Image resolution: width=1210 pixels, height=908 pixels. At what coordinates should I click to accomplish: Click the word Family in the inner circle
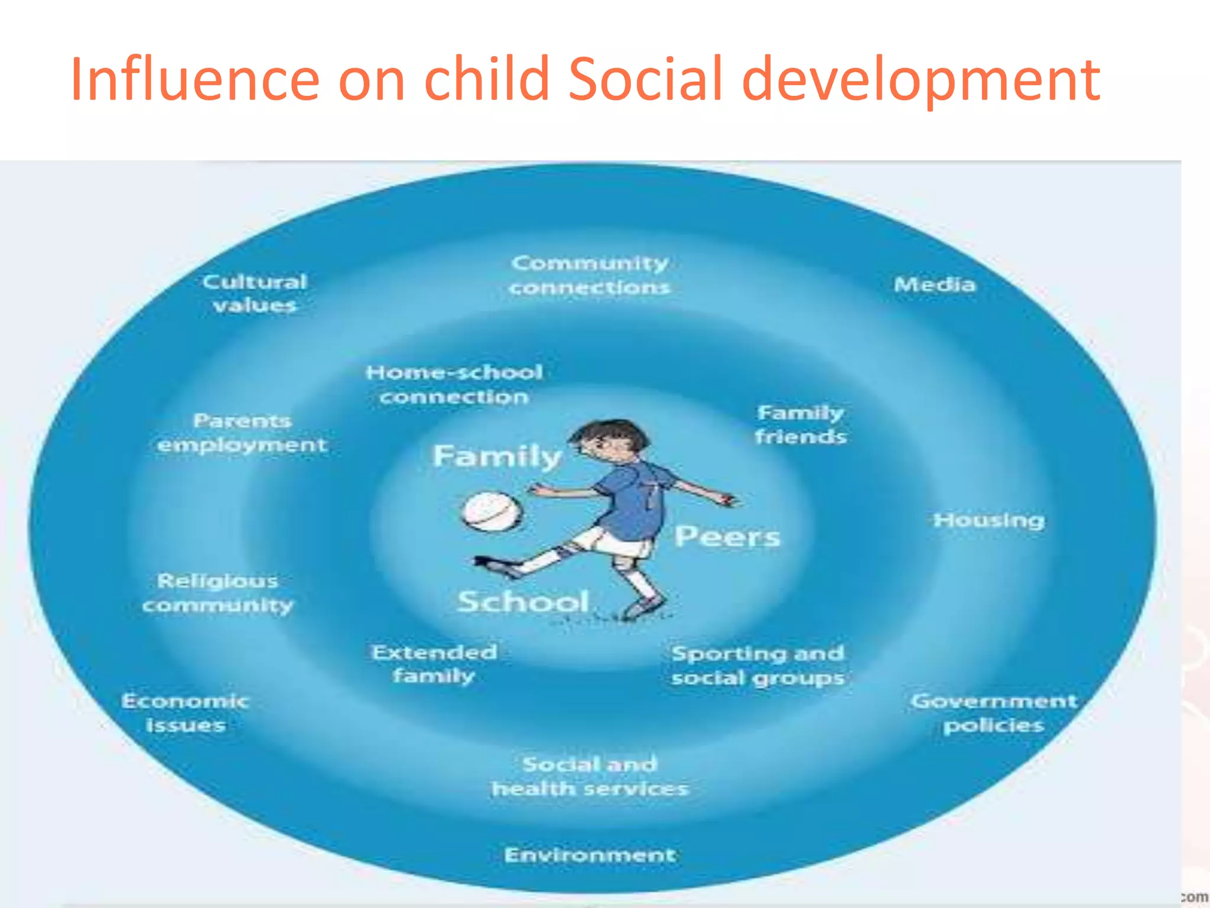tap(497, 456)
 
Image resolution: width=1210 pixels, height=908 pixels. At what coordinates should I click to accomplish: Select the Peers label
tap(727, 537)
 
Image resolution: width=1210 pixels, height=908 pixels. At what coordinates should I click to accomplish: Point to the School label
tap(523, 602)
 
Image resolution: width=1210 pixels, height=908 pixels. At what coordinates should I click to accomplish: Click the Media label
tap(934, 285)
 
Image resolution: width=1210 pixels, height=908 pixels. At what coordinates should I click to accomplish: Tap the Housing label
tap(989, 520)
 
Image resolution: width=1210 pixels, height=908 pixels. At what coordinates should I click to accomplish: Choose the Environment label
tap(590, 855)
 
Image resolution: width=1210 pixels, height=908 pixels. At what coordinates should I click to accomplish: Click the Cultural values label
tap(255, 293)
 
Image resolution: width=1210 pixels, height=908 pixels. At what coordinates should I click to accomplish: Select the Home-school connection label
tap(454, 384)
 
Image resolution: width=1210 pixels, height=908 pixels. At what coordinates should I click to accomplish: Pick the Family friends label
tap(801, 424)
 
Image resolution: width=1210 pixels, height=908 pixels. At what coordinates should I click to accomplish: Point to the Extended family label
tap(434, 664)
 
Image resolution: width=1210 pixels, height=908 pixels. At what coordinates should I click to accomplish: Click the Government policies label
tap(994, 713)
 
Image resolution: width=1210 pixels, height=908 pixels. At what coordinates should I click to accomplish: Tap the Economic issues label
tap(186, 713)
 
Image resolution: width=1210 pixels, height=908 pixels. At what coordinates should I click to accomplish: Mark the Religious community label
tap(217, 593)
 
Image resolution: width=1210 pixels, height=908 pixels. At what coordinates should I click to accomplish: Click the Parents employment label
tap(242, 433)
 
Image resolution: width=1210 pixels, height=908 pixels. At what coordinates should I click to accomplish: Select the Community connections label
tap(590, 275)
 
